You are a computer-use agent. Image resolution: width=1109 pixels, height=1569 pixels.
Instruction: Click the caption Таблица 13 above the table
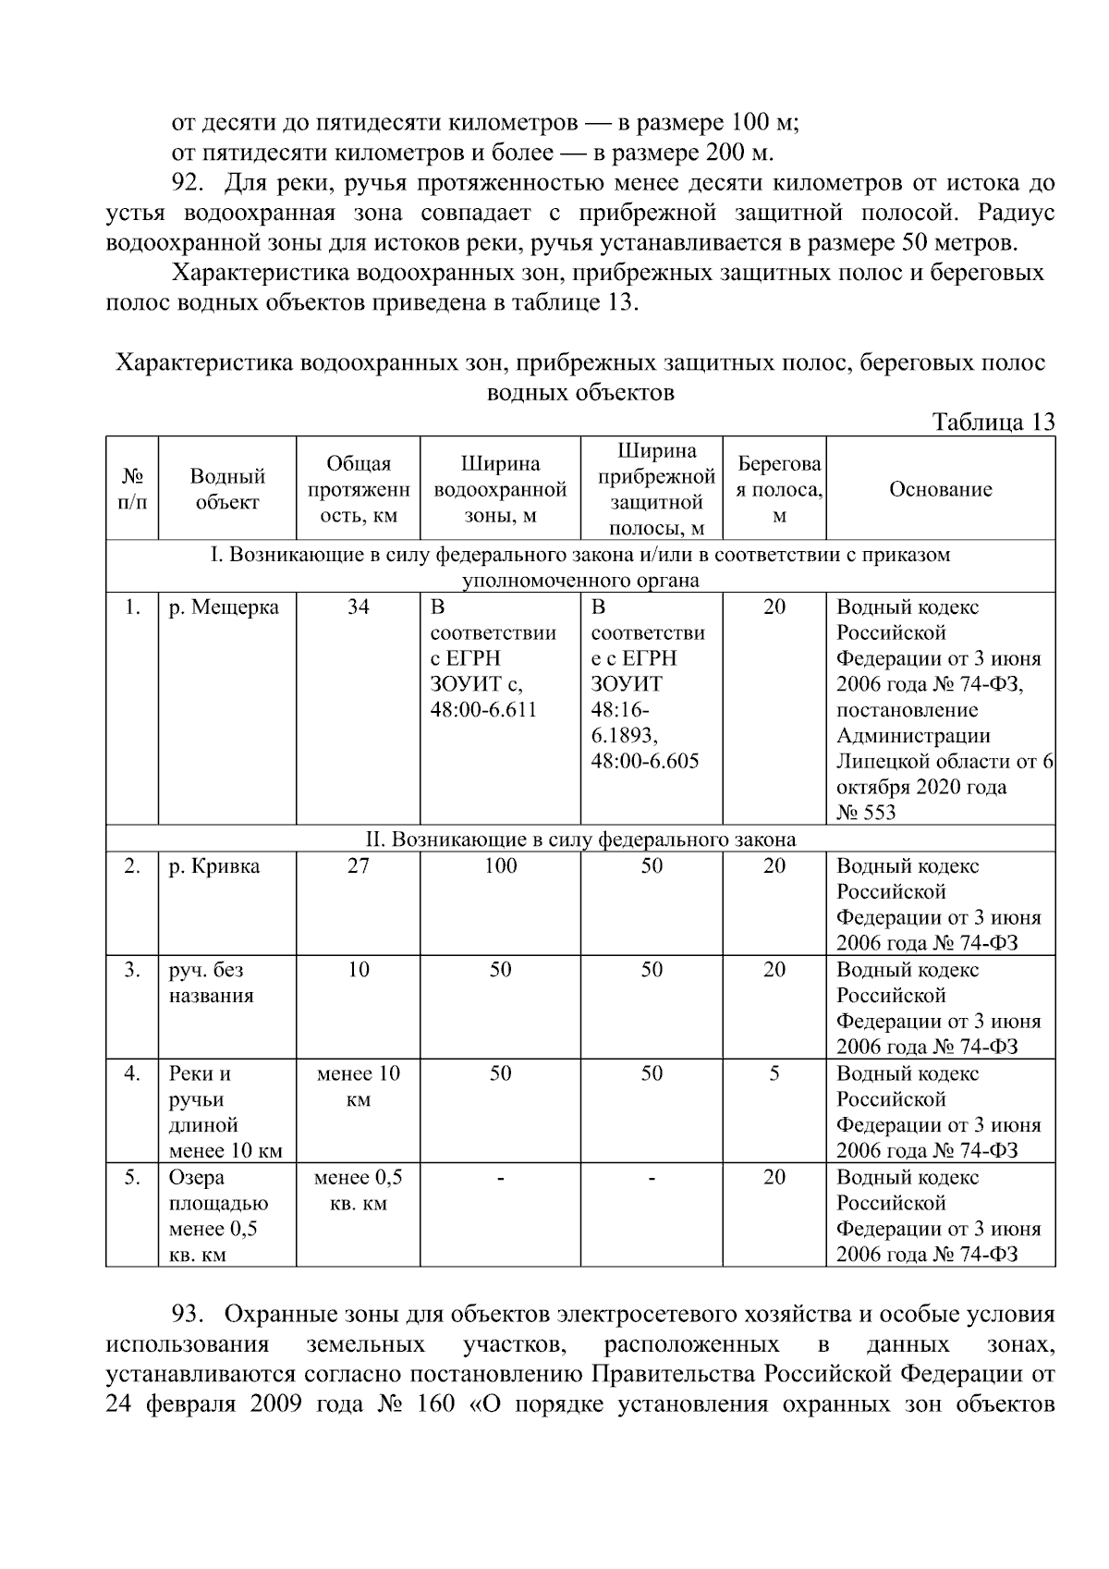[x=993, y=423]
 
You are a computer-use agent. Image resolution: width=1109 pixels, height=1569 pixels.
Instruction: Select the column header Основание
[x=940, y=489]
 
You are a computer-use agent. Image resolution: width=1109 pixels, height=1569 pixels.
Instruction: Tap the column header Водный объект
[x=227, y=489]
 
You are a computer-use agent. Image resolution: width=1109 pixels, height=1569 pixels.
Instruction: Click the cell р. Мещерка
[x=224, y=607]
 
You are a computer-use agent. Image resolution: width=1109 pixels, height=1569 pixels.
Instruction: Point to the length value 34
[x=358, y=607]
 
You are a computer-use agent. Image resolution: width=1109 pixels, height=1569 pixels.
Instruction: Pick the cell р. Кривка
[x=214, y=866]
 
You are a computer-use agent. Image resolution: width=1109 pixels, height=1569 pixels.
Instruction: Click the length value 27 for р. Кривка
[x=358, y=866]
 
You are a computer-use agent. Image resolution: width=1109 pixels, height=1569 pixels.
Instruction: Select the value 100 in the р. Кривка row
[x=500, y=866]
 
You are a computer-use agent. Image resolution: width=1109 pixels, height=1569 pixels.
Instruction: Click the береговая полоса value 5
[x=774, y=1073]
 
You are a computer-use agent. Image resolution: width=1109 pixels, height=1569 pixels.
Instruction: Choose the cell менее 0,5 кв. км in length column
[x=358, y=1190]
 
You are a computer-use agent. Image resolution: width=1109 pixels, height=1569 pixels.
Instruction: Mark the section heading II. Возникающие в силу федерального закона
[x=580, y=840]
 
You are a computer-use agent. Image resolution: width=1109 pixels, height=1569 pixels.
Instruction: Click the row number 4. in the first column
[x=132, y=1073]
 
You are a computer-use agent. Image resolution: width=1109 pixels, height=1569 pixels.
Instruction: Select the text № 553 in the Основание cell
[x=866, y=813]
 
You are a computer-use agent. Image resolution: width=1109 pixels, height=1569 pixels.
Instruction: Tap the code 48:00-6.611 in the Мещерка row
[x=483, y=710]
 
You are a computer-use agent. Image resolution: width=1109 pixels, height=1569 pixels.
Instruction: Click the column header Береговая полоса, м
[x=779, y=489]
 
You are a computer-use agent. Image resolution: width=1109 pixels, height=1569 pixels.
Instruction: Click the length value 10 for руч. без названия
[x=358, y=970]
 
